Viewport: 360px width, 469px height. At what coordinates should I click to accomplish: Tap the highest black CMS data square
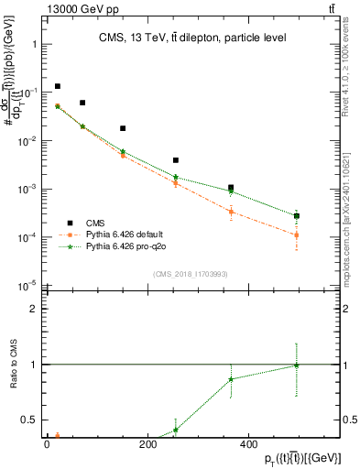click(58, 86)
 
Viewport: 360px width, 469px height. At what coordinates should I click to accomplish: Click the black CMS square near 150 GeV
click(123, 128)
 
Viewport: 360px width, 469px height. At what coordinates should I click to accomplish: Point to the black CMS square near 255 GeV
click(176, 160)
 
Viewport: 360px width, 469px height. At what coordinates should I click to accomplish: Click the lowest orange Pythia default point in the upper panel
click(296, 235)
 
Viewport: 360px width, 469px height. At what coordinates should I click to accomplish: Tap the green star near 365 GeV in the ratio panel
click(232, 379)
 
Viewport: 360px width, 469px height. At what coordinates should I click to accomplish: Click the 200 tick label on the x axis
click(147, 444)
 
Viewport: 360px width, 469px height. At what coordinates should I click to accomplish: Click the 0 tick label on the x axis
click(47, 444)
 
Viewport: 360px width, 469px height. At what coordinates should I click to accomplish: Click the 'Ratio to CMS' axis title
click(10, 364)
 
